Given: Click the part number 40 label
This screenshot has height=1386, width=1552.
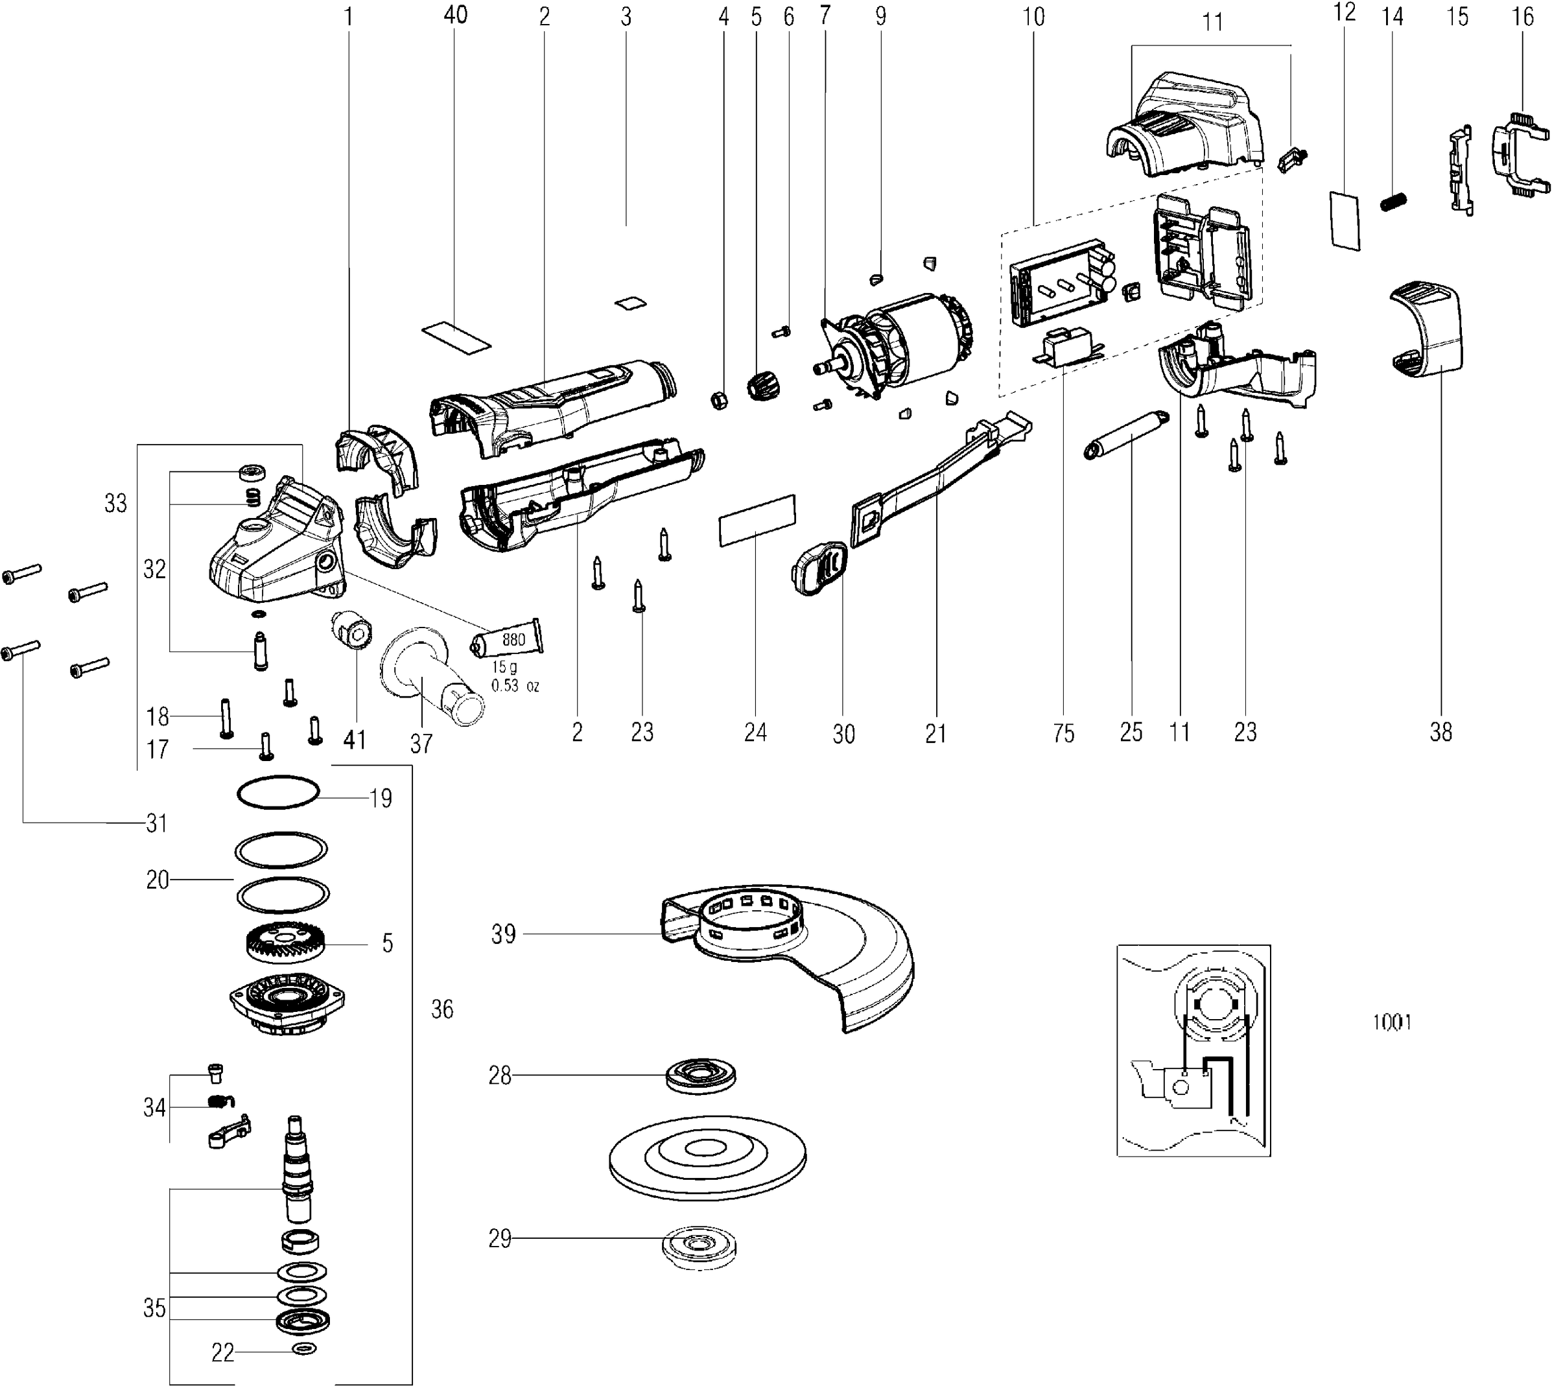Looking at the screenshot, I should point(455,14).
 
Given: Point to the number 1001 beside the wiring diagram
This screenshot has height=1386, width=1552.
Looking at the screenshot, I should point(1392,1021).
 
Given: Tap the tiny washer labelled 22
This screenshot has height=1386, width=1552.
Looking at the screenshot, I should point(305,1348).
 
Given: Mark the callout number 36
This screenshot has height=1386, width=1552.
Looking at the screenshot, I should point(441,1009).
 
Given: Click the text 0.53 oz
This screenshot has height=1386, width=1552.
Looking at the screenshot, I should point(515,685).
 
